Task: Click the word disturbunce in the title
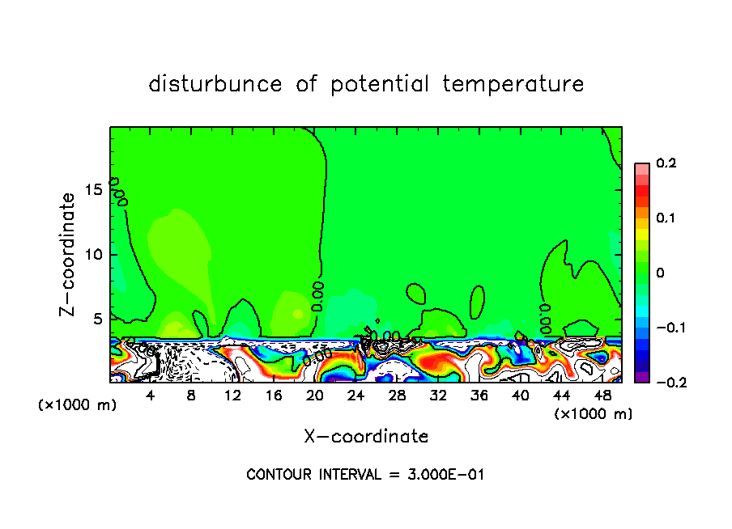215,84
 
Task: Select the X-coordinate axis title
366,437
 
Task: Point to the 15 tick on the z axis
95,189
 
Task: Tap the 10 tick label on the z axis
95,254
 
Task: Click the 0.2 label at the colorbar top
666,163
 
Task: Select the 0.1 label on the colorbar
666,218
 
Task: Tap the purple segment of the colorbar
641,377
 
